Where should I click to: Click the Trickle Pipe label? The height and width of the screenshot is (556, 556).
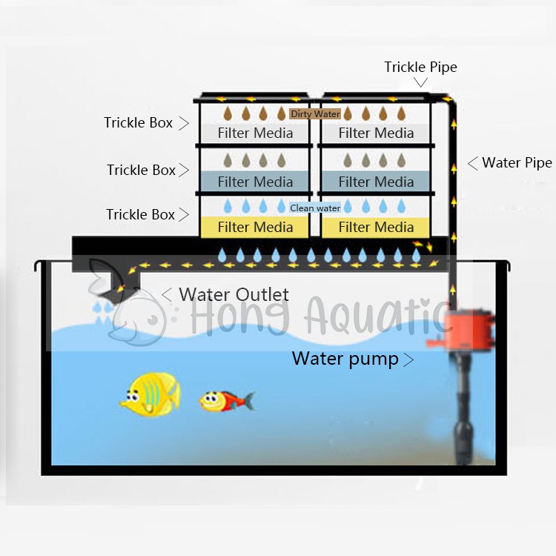point(420,67)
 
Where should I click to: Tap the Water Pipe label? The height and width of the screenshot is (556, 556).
point(517,163)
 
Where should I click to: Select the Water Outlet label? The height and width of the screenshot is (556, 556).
point(234,294)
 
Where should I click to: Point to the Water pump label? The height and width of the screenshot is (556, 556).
point(345,360)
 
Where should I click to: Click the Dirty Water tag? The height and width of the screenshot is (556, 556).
point(316,114)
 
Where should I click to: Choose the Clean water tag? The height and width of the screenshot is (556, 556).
point(316,208)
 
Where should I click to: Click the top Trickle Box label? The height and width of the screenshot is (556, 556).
point(139,123)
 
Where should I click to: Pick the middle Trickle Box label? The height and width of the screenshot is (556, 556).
point(141,171)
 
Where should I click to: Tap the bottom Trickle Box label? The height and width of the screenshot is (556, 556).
point(141,215)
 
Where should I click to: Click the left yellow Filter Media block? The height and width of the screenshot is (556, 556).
point(255,227)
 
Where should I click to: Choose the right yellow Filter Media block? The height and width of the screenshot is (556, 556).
point(376,227)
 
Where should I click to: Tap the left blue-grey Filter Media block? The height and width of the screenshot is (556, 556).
point(255,182)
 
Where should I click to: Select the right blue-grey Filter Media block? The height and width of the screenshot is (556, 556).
point(376,182)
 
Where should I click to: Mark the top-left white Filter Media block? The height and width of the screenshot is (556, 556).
point(255,133)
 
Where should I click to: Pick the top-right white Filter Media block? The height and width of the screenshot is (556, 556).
point(376,133)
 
